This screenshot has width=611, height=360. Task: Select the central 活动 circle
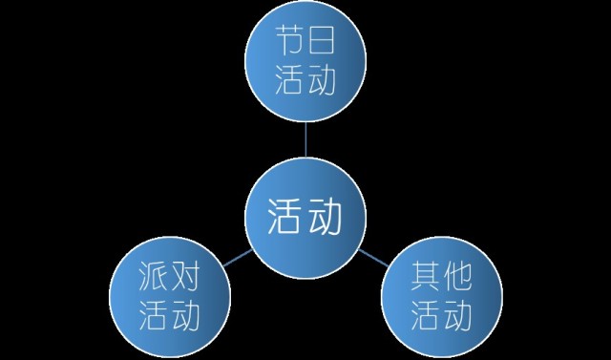[305, 221]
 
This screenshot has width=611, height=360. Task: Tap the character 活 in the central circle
[284, 221]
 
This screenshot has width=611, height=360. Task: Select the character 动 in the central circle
[327, 221]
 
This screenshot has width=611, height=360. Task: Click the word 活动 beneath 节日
[305, 81]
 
